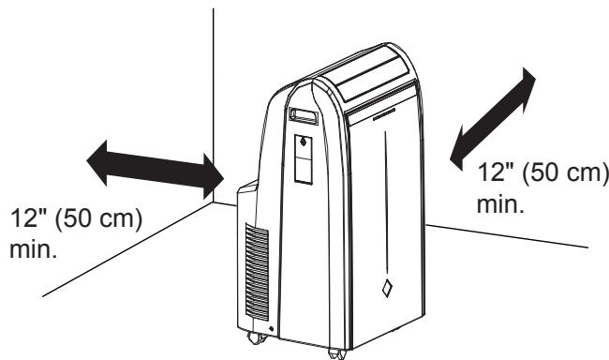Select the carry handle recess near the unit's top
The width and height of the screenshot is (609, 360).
coord(304,116)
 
